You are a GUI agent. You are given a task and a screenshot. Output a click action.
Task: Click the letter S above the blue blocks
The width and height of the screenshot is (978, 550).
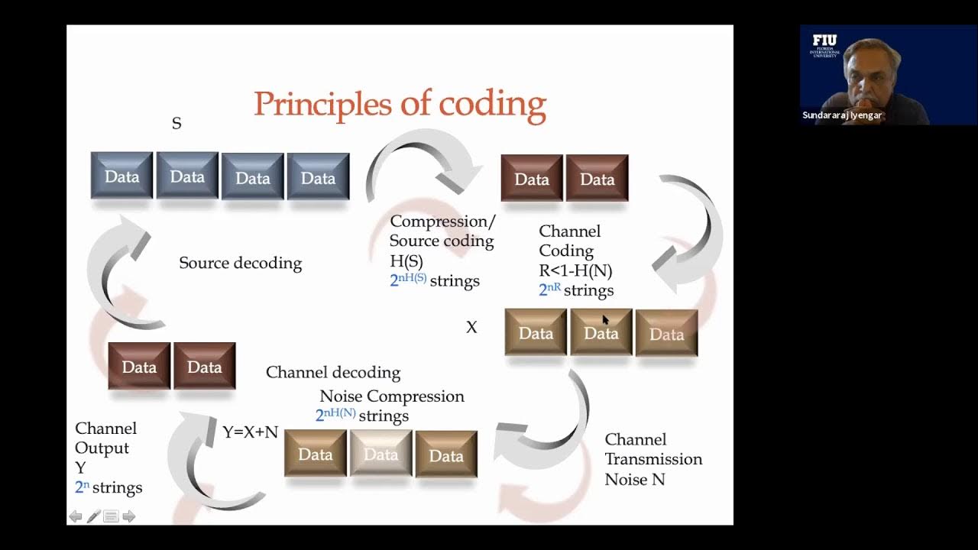[176, 124]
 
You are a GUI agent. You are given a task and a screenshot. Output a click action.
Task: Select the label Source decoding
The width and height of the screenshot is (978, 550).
[240, 264]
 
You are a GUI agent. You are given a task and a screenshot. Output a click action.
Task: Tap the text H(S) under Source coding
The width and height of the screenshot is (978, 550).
[406, 261]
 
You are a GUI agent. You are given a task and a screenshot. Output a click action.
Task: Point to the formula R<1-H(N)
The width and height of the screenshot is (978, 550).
[575, 270]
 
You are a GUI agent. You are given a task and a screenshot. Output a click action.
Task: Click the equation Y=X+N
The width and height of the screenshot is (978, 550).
[250, 432]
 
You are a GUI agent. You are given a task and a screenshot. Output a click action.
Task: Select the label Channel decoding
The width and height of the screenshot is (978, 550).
[333, 373]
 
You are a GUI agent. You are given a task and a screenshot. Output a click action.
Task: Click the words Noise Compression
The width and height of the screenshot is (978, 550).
[391, 396]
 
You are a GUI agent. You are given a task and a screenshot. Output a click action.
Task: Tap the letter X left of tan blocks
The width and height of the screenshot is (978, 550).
[471, 328]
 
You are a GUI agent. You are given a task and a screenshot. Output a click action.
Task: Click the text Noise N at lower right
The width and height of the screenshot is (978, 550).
[634, 480]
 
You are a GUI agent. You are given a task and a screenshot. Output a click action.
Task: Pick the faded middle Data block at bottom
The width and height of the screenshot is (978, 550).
[381, 455]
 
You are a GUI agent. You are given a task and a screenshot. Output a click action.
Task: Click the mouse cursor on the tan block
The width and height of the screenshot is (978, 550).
[605, 319]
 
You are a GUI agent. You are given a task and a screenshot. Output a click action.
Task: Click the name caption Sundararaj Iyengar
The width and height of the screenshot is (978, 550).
[842, 115]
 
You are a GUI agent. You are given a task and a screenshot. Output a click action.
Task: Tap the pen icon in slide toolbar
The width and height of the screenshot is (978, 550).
[93, 516]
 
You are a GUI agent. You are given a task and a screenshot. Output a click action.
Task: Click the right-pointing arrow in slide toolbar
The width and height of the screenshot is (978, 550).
[129, 516]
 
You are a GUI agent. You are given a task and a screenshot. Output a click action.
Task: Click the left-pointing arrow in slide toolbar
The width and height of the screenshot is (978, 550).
[76, 516]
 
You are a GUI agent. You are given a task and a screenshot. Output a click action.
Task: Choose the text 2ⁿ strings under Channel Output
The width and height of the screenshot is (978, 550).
[108, 487]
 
